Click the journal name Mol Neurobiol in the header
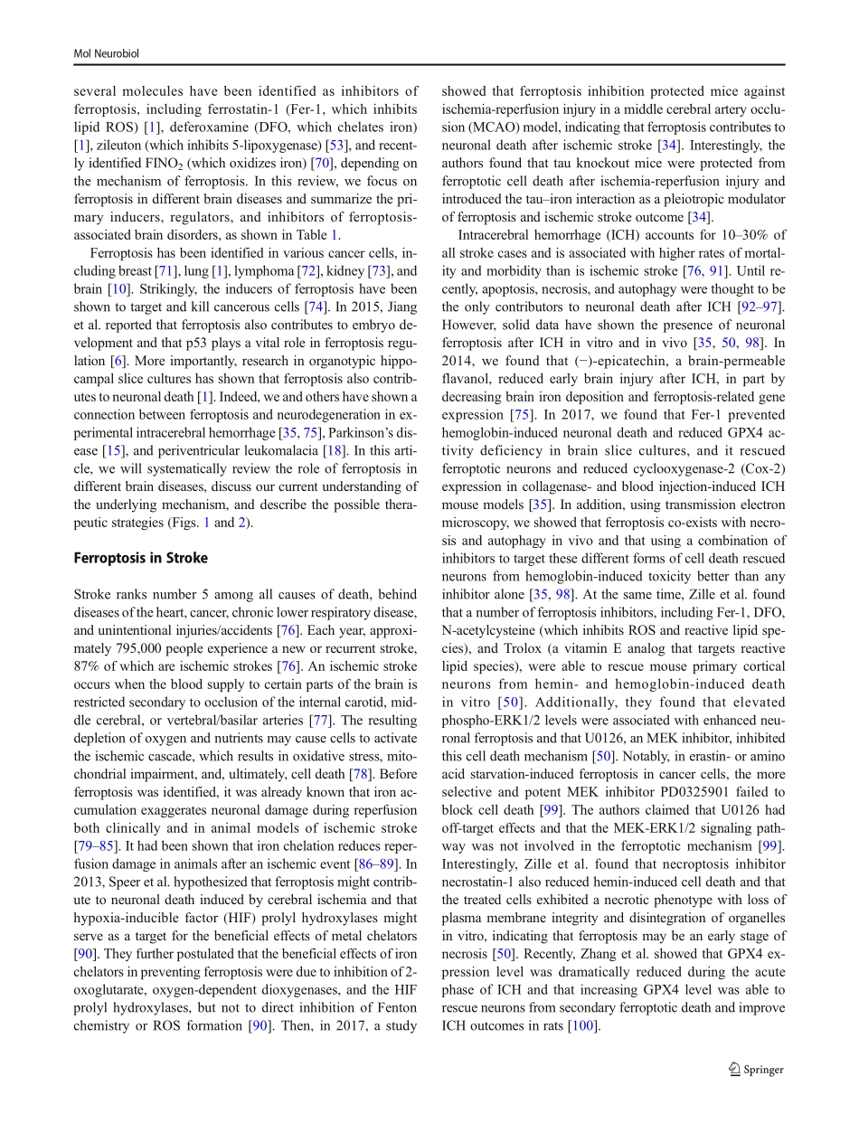(x=106, y=54)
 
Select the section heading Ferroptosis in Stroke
(x=140, y=558)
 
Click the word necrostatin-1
(x=480, y=882)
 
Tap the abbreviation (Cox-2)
(x=756, y=468)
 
